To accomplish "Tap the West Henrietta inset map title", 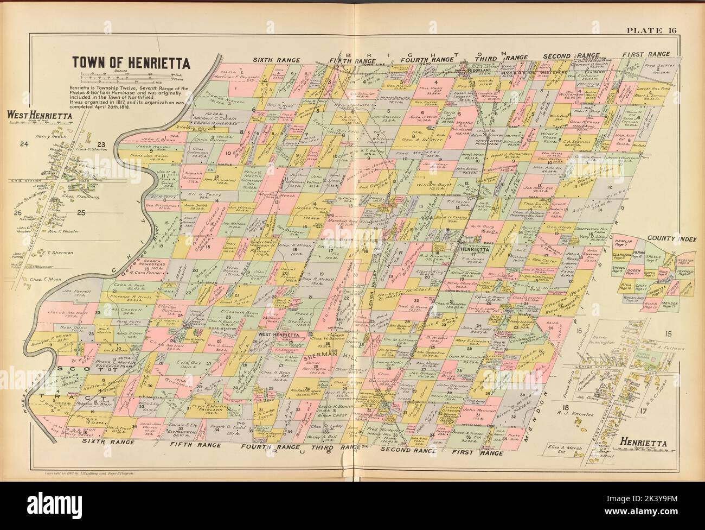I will click(35, 115).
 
